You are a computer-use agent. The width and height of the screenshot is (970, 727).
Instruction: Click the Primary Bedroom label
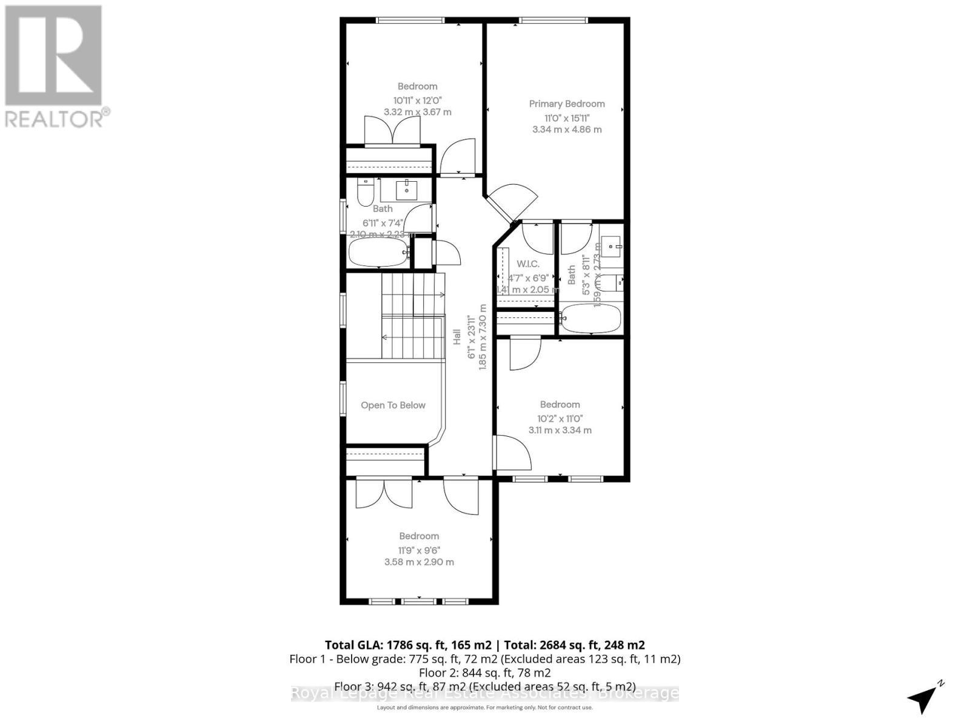[567, 104]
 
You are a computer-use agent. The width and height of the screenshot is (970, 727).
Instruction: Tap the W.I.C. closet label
[527, 264]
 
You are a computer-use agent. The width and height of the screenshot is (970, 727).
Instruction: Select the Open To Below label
[393, 405]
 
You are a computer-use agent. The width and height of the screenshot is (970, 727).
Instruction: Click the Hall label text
[457, 337]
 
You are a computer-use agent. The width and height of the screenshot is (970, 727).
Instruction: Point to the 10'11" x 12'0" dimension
[417, 100]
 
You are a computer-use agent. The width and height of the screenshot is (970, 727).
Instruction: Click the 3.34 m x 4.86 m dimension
[567, 129]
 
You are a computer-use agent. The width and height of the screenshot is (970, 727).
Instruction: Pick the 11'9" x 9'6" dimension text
[419, 550]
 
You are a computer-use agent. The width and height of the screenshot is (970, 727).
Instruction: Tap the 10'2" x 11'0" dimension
[560, 418]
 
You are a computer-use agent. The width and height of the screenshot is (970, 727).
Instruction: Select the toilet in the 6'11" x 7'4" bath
[365, 193]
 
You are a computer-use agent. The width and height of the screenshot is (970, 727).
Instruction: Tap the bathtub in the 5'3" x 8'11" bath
[590, 317]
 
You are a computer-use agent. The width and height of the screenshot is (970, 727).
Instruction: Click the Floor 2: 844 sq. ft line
[484, 672]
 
